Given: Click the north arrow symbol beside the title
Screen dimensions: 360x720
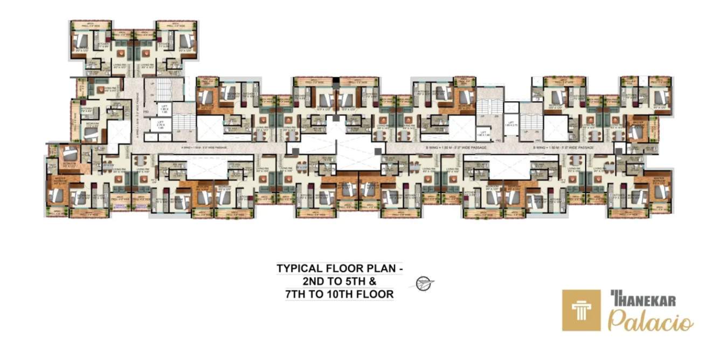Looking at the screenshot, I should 425,283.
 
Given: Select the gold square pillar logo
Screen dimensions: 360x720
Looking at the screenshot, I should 581,310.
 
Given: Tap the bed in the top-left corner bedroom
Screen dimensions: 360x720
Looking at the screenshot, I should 79,41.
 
